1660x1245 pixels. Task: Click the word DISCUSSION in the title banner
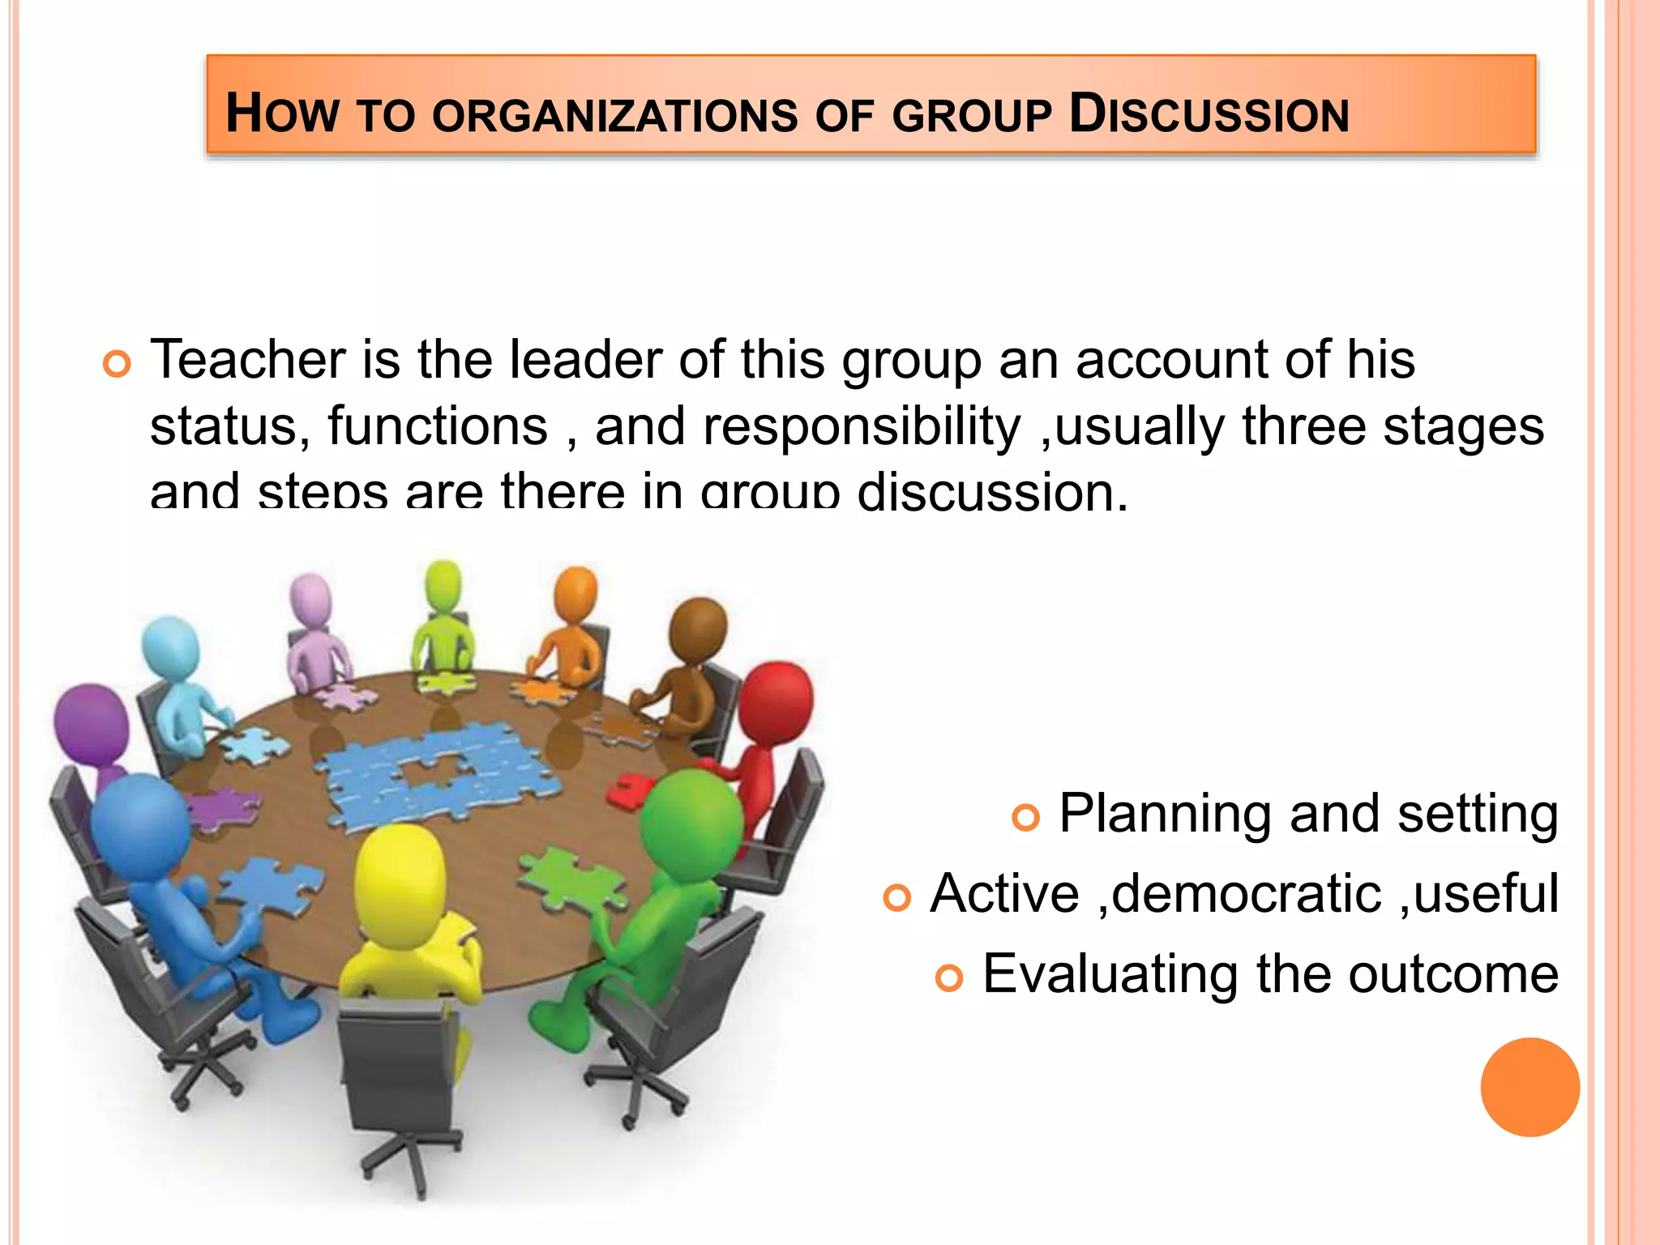(x=1209, y=113)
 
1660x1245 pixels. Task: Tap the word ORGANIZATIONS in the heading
(x=615, y=116)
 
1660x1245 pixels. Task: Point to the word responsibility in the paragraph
(x=862, y=427)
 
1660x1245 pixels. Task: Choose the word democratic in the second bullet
(x=1246, y=893)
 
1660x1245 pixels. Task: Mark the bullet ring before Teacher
(x=118, y=364)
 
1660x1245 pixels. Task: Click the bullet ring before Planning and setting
(x=1026, y=817)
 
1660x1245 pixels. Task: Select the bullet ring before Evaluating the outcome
(x=949, y=978)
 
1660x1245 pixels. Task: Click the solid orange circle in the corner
(x=1530, y=1087)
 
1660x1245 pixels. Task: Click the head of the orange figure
(x=575, y=594)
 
